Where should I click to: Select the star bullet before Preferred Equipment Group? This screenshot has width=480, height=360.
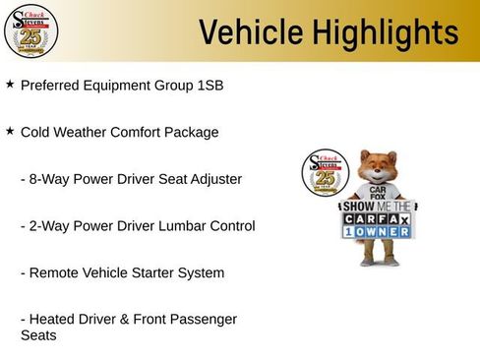pos(10,85)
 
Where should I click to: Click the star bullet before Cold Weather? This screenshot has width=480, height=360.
pos(10,131)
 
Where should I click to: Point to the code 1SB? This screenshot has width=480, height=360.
pos(210,86)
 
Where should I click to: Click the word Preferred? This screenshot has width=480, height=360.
pos(50,86)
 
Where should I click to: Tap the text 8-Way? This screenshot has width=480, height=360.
pos(48,179)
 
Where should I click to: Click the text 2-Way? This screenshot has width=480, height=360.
pos(48,226)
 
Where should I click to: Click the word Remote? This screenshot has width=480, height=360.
pos(52,272)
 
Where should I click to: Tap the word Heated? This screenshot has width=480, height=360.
pos(52,319)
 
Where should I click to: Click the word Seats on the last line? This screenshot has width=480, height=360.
pos(38,335)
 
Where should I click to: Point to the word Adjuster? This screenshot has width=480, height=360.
pos(214,179)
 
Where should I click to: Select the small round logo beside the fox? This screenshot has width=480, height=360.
pos(325,175)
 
